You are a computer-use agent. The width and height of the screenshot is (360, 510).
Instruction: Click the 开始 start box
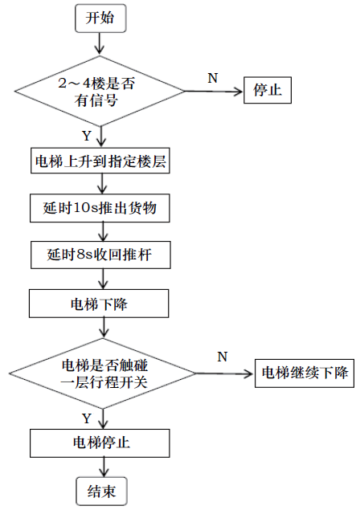tap(100, 18)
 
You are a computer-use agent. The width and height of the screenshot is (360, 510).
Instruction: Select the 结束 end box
tap(101, 492)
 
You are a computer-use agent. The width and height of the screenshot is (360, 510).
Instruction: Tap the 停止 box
tap(268, 90)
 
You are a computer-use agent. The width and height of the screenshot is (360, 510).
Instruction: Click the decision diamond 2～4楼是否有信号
tap(100, 91)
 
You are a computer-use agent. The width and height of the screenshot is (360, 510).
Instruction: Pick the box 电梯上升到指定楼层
tap(100, 161)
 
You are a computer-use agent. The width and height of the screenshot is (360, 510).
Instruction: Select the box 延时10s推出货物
tap(100, 208)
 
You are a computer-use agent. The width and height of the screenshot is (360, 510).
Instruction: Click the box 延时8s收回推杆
tap(100, 255)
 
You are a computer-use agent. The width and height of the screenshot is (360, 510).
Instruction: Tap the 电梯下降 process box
tap(99, 304)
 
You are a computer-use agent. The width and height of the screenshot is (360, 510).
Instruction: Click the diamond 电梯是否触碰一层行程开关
tap(102, 373)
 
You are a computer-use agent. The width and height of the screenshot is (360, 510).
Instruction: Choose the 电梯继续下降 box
tap(305, 373)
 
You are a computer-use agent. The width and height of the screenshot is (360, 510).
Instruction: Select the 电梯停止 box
tap(100, 443)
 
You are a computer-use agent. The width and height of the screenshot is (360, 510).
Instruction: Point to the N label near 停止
tap(213, 78)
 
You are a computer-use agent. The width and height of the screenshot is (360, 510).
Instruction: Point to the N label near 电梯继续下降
tap(223, 357)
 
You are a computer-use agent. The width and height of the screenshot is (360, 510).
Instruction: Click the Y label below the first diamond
tap(87, 136)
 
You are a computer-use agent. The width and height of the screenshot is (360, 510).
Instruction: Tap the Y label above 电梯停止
tap(87, 418)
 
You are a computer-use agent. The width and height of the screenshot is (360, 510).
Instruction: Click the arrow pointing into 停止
tap(215, 92)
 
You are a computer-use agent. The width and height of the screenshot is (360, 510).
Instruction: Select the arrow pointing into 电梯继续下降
tap(225, 373)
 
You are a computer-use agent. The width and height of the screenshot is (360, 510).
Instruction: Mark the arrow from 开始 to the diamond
tap(100, 43)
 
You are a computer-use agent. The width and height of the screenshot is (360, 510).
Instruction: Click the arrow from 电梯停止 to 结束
tap(104, 467)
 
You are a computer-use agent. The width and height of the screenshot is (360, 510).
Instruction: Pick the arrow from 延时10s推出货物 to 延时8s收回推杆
tap(103, 232)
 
